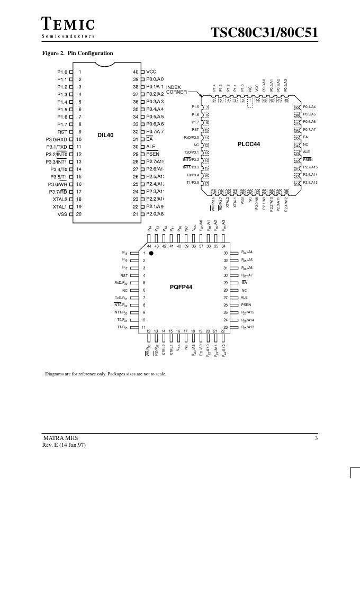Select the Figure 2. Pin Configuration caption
[x=77, y=53]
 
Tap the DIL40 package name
[x=105, y=135]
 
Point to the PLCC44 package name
[x=249, y=144]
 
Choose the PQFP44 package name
[x=181, y=287]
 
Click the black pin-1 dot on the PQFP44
[x=151, y=254]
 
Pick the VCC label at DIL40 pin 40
[x=151, y=71]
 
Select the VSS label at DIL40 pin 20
[x=62, y=214]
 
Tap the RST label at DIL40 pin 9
[x=62, y=132]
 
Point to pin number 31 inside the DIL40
[x=136, y=139]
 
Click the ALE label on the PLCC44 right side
[x=307, y=152]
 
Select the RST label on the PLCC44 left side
[x=195, y=129]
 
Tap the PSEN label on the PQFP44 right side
[x=246, y=305]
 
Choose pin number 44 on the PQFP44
[x=149, y=246]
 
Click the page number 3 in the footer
[x=316, y=438]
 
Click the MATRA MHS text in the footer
[x=57, y=438]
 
